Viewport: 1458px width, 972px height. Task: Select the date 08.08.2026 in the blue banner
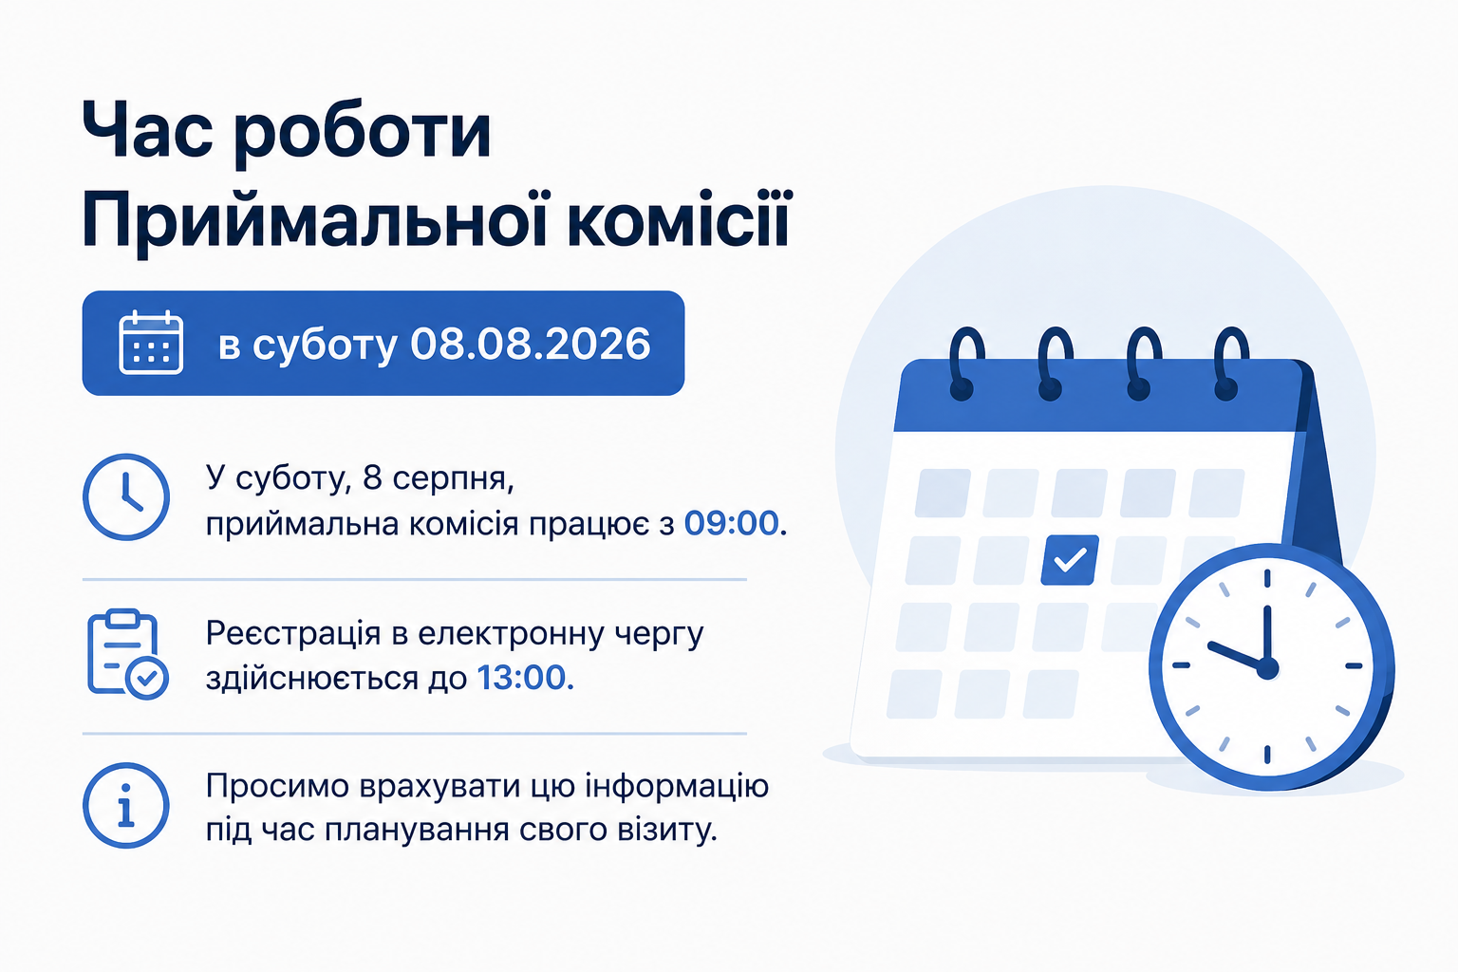pyautogui.click(x=531, y=344)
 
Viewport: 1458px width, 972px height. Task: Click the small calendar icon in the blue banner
pyautogui.click(x=151, y=343)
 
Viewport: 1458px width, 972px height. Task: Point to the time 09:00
pyautogui.click(x=731, y=523)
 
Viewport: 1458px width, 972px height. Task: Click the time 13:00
pyautogui.click(x=521, y=678)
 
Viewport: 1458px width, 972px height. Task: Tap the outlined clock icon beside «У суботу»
pyautogui.click(x=126, y=496)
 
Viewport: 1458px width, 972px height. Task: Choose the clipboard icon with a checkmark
pyautogui.click(x=127, y=654)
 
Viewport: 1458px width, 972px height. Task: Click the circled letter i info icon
pyautogui.click(x=126, y=805)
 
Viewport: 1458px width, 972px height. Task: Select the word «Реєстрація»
pyautogui.click(x=293, y=633)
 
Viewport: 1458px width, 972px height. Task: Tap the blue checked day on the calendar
pyautogui.click(x=1070, y=560)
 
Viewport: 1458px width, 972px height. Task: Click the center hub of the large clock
pyautogui.click(x=1266, y=668)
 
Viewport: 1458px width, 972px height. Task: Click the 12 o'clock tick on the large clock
pyautogui.click(x=1267, y=578)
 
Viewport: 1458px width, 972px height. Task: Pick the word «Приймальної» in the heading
pyautogui.click(x=315, y=221)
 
